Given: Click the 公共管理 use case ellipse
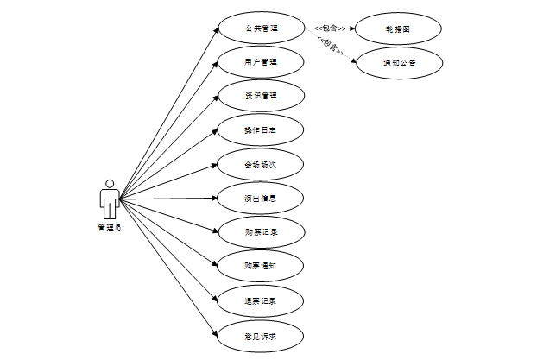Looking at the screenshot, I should coord(261,28).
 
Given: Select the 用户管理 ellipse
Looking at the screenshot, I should coord(261,62).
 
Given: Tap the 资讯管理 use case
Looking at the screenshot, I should coord(261,96).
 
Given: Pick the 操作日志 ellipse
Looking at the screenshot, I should coord(261,129).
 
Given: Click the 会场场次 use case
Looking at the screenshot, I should coord(261,163).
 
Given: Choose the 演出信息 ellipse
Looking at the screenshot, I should coord(261,198).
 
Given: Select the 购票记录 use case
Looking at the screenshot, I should coord(261,231).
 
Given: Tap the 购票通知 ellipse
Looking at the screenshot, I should coord(261,265).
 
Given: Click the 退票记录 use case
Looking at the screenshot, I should coord(261,300).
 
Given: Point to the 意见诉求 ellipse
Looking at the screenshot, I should coord(261,333).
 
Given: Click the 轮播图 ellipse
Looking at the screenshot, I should coord(399,28).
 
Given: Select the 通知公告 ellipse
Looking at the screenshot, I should coord(399,62).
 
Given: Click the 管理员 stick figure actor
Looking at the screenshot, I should coord(110,199).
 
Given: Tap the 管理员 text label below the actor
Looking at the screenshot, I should coord(110,228).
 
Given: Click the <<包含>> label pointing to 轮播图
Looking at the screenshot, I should coord(331,28).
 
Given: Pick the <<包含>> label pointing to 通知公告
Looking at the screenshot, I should coord(331,46).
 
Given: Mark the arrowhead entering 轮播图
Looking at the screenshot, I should coord(352,28).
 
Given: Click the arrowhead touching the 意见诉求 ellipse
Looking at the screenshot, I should coord(216,332).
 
